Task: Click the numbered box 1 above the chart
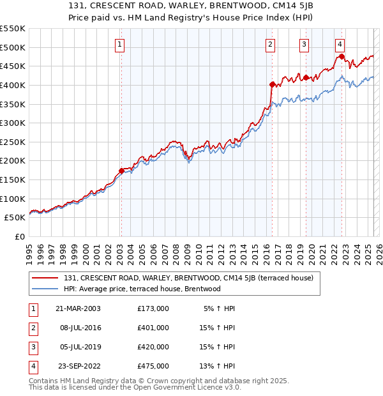tap(121, 44)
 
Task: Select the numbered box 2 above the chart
tap(271, 44)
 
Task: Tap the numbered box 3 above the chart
tap(304, 44)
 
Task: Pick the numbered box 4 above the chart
tap(340, 44)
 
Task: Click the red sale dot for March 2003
tap(121, 171)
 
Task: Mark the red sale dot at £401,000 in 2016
tap(272, 84)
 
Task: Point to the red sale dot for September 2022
tap(342, 56)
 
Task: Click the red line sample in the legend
tap(45, 278)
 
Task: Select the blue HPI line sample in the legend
tap(45, 289)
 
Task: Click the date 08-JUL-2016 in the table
tap(79, 327)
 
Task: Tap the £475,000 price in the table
tap(153, 366)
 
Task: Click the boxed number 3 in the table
tap(33, 347)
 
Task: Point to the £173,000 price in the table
tap(153, 308)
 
